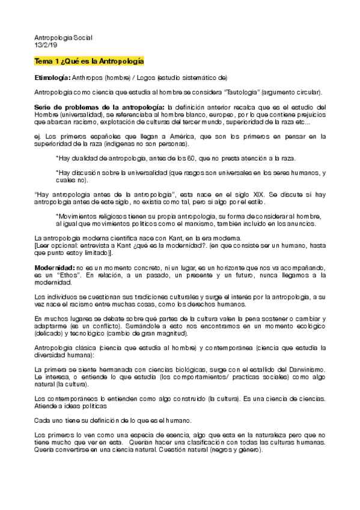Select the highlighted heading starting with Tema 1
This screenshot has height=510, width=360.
[x=88, y=61]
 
